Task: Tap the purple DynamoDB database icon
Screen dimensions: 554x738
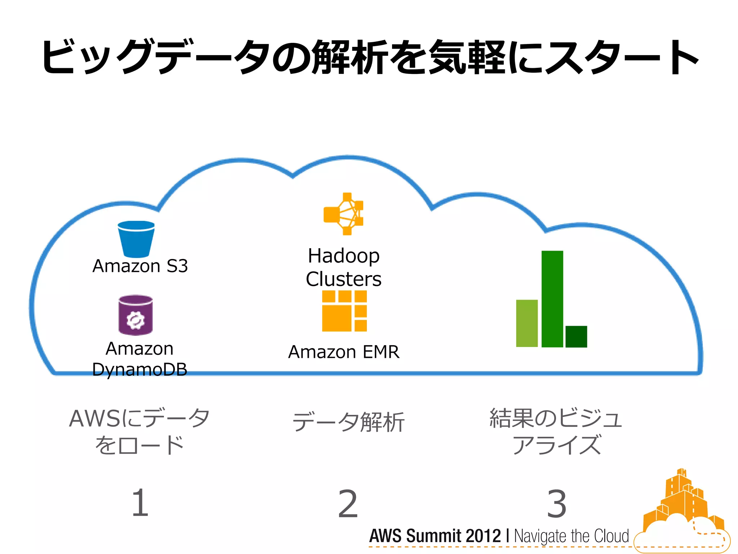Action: [135, 315]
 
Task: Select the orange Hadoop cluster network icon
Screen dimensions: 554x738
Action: [344, 214]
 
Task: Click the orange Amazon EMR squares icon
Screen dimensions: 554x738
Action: [344, 311]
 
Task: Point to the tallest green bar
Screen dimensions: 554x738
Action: [552, 299]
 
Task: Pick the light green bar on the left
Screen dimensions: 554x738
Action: [526, 323]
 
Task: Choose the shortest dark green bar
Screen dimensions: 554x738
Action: [576, 337]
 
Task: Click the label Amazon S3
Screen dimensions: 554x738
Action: [140, 266]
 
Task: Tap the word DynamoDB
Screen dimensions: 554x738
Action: [140, 369]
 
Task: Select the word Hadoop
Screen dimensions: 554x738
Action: [344, 256]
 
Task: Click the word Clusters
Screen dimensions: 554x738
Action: [344, 279]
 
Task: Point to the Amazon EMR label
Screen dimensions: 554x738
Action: [344, 352]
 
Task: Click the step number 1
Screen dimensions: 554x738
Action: [140, 503]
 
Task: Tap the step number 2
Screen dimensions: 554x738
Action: [348, 504]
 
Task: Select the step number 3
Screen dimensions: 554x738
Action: [556, 504]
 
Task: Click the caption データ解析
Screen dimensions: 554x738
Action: [348, 422]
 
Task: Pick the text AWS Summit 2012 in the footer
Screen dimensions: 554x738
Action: [435, 536]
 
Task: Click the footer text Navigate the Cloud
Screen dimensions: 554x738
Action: [572, 536]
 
